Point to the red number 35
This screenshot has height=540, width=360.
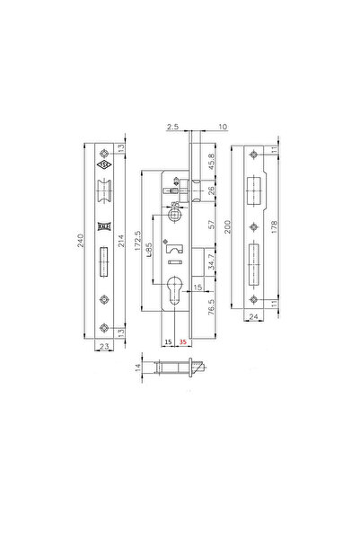click(183, 342)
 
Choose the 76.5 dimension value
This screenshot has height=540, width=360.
click(212, 308)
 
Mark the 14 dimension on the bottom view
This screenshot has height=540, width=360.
click(139, 367)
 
